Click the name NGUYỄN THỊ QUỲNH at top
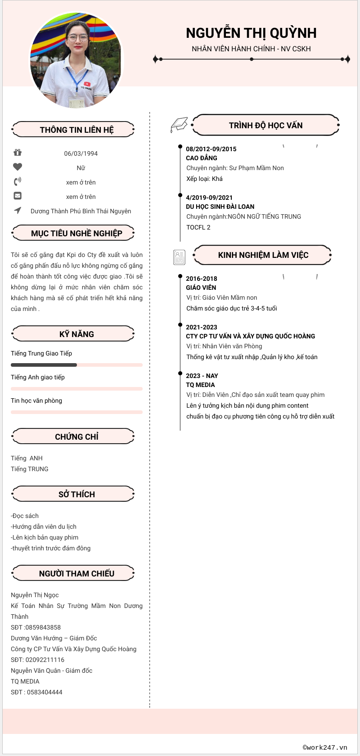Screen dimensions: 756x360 pyautogui.click(x=251, y=33)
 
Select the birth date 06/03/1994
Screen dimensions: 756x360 pyautogui.click(x=81, y=153)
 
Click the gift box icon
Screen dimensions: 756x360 pyautogui.click(x=18, y=153)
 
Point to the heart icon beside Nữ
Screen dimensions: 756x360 pyautogui.click(x=18, y=167)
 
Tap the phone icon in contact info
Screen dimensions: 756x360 pyautogui.click(x=18, y=182)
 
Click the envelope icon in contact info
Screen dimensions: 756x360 pyautogui.click(x=18, y=196)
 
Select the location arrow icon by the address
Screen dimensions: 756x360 pyautogui.click(x=18, y=210)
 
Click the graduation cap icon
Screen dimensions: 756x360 pyautogui.click(x=179, y=125)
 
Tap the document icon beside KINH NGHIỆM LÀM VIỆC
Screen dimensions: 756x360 pyautogui.click(x=179, y=257)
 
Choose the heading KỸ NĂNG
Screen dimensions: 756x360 pyautogui.click(x=76, y=334)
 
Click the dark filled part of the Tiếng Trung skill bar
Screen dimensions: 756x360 pyautogui.click(x=44, y=365)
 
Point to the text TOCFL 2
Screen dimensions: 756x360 pyautogui.click(x=198, y=227)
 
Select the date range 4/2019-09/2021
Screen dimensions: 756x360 pyautogui.click(x=209, y=198)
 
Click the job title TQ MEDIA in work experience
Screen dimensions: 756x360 pyautogui.click(x=200, y=385)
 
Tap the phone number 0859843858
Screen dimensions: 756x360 pyautogui.click(x=43, y=627)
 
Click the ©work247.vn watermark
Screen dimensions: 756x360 pyautogui.click(x=325, y=747)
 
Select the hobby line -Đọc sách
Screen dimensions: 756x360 pyautogui.click(x=25, y=516)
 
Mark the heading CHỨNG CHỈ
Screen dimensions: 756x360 pyautogui.click(x=76, y=437)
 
